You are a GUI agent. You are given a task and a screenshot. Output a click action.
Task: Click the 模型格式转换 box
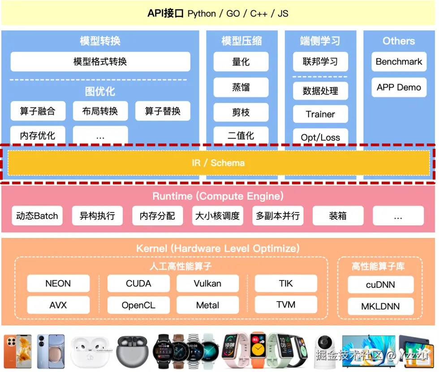tap(100, 61)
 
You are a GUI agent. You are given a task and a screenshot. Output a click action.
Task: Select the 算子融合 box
tap(38, 111)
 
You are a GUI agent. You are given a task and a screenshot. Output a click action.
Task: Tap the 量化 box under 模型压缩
tap(241, 61)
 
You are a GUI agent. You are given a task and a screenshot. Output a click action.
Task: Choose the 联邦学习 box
tap(320, 61)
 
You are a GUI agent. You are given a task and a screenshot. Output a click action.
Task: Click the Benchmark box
tap(399, 61)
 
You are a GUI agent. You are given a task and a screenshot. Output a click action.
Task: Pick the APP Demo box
tap(399, 87)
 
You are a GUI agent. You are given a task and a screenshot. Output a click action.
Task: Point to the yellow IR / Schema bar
tap(219, 163)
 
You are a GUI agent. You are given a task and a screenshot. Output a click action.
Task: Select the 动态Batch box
tap(37, 216)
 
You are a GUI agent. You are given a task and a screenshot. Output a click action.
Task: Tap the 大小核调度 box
tap(218, 216)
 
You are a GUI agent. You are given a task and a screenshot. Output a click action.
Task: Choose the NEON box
tap(58, 284)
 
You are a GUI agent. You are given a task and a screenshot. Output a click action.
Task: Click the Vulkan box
tap(207, 284)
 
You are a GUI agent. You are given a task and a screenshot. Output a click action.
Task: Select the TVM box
tap(286, 305)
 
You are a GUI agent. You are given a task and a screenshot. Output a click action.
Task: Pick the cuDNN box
tap(380, 285)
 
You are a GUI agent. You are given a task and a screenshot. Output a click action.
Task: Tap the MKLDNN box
tap(380, 307)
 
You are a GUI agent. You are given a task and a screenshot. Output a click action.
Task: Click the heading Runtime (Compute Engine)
tap(218, 196)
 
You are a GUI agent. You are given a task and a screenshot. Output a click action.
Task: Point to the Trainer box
tap(320, 114)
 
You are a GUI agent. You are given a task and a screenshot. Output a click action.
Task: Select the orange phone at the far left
tap(17, 351)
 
